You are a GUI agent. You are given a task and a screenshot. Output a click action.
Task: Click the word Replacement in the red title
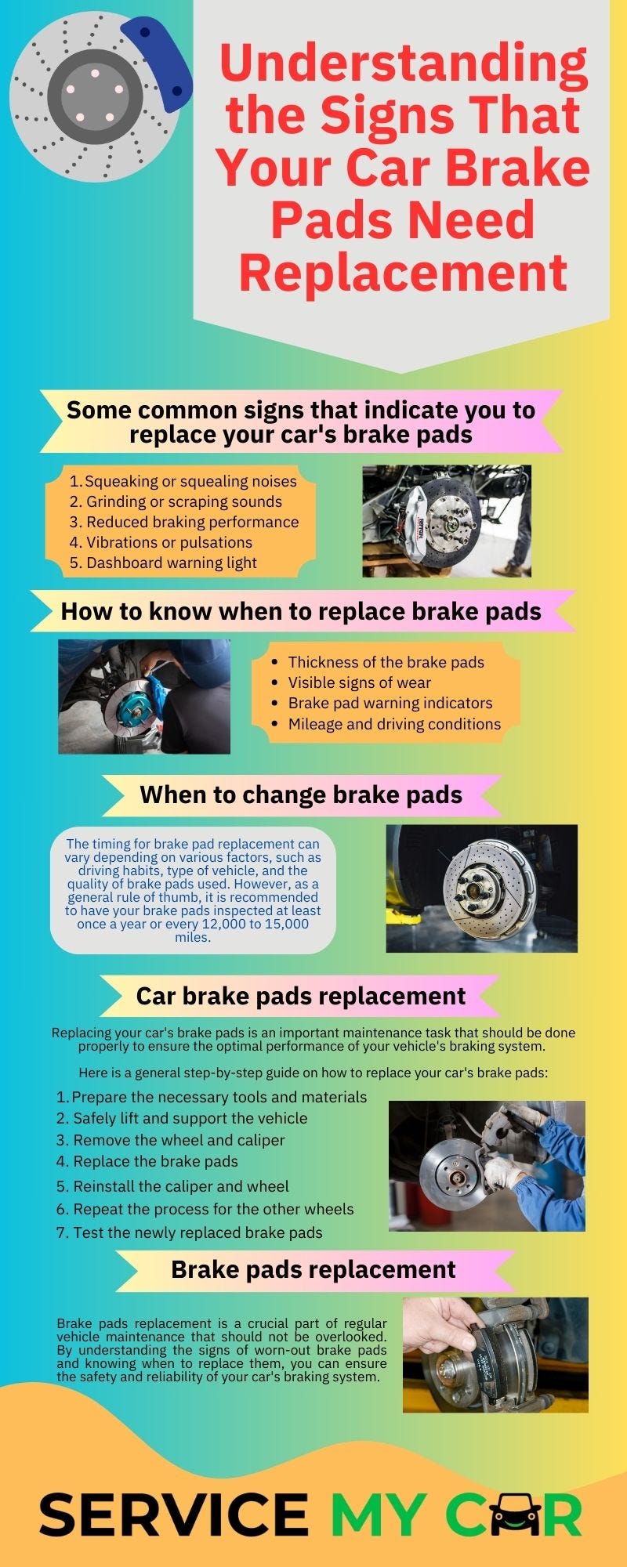(402, 273)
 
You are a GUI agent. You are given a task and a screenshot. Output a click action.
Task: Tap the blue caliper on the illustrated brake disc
(160, 59)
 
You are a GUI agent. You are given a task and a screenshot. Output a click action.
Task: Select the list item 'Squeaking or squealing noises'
(190, 481)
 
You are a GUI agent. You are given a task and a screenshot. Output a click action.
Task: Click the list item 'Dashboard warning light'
(171, 563)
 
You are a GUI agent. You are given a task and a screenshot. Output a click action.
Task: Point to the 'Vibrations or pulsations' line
(169, 542)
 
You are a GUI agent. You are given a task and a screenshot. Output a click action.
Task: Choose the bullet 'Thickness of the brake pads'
(386, 662)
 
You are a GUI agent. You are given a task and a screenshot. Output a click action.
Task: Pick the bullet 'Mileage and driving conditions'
(394, 724)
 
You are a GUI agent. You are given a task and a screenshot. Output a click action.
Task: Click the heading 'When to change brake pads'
(301, 794)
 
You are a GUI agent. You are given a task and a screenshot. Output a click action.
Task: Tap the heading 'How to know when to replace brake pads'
(301, 611)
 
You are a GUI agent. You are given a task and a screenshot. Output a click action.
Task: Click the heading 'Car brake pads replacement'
(301, 996)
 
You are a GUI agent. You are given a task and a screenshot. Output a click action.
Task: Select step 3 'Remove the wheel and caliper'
(179, 1140)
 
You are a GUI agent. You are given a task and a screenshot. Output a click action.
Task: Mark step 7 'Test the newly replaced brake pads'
(198, 1232)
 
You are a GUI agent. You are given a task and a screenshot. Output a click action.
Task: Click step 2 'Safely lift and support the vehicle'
(190, 1118)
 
